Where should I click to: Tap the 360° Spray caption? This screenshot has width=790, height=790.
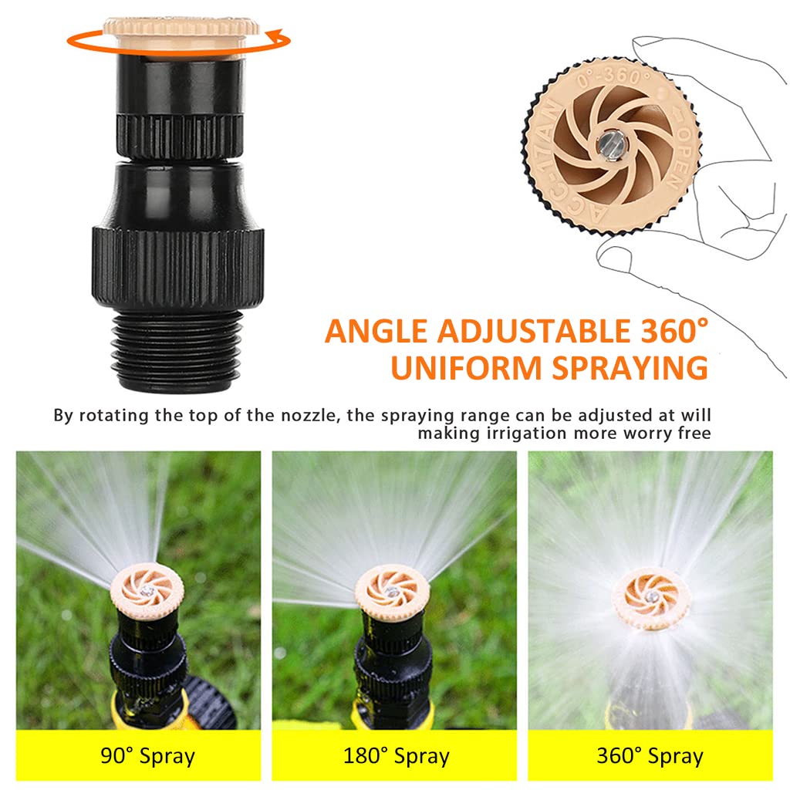click(x=650, y=756)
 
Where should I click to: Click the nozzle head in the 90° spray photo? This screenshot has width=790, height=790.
click(x=147, y=590)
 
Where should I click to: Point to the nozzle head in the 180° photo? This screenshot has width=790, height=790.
click(x=392, y=591)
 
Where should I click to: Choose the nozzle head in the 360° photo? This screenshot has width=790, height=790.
click(x=650, y=596)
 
